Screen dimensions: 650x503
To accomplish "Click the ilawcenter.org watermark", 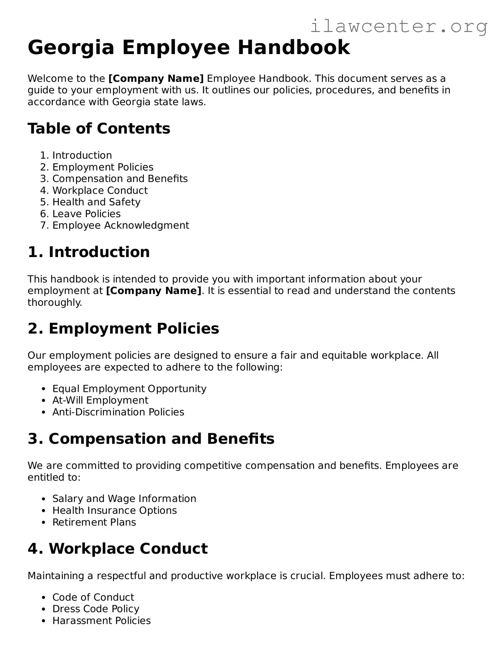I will click(399, 26).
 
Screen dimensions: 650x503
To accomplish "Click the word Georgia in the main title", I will click(71, 48).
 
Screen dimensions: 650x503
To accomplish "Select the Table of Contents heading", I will click(99, 129).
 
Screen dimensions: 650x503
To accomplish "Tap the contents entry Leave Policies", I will click(86, 214).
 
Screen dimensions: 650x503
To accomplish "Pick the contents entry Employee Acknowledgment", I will click(120, 226).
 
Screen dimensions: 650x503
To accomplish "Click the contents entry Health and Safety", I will click(96, 202).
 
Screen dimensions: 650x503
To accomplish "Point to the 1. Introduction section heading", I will click(88, 252).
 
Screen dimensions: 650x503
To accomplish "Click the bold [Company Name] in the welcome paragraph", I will click(156, 79).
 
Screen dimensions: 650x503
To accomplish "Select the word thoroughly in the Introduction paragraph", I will click(55, 303).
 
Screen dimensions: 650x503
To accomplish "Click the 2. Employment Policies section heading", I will click(123, 329).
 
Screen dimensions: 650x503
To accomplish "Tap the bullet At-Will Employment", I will click(100, 400).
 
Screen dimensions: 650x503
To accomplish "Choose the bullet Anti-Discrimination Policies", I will click(118, 412).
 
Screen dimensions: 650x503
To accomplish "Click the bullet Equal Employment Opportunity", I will click(129, 389).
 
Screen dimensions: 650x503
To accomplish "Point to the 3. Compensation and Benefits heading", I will click(151, 439).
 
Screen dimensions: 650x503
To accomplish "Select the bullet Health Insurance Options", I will click(114, 511).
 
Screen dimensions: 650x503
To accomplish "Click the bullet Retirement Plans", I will click(94, 523).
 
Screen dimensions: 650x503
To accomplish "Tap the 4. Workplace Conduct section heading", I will click(118, 549).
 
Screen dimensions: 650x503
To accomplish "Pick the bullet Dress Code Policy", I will click(96, 609).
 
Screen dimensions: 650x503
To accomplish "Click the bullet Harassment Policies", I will click(101, 621).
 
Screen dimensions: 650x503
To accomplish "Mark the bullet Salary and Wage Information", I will click(124, 499).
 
